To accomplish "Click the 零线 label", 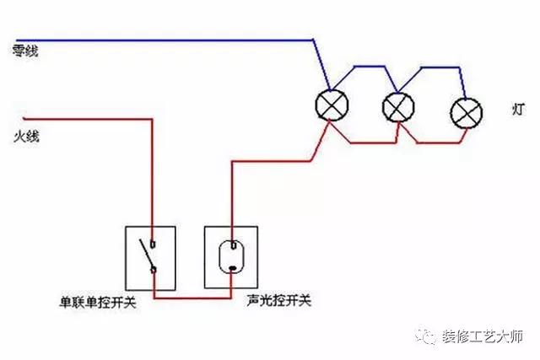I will [x=25, y=51].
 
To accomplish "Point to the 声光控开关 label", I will [x=279, y=300].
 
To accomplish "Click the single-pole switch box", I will [x=151, y=254].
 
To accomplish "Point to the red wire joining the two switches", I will [x=192, y=298].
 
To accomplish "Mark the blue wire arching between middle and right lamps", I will [x=432, y=70].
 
